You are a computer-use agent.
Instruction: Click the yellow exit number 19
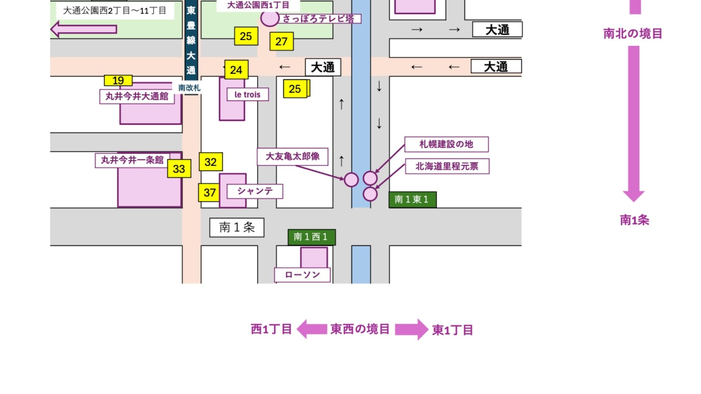[x=118, y=80]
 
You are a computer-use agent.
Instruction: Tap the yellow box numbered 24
[x=236, y=70]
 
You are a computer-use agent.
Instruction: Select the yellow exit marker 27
[x=281, y=42]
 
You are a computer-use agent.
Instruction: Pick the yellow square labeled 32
[x=211, y=162]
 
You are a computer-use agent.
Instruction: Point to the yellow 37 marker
[x=209, y=192]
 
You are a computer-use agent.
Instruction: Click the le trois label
[x=248, y=94]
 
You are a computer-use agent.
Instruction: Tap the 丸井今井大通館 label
[x=137, y=96]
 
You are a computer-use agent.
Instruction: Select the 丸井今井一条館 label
[x=132, y=160]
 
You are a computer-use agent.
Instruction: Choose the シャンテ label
[x=255, y=191]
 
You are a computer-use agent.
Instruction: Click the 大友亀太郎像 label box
[x=292, y=157]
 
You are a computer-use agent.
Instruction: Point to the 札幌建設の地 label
[x=446, y=144]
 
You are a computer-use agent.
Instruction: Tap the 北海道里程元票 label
[x=447, y=166]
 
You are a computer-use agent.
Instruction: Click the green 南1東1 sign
[x=412, y=200]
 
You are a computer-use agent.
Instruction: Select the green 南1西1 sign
[x=311, y=237]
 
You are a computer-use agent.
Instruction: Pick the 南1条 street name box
[x=237, y=227]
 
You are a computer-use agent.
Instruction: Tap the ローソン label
[x=302, y=275]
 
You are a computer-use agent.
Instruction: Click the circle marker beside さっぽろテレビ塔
[x=270, y=18]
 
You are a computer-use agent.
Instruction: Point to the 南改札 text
[x=189, y=88]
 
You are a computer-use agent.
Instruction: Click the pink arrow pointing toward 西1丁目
[x=311, y=329]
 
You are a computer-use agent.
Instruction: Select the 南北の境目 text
[x=632, y=34]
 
